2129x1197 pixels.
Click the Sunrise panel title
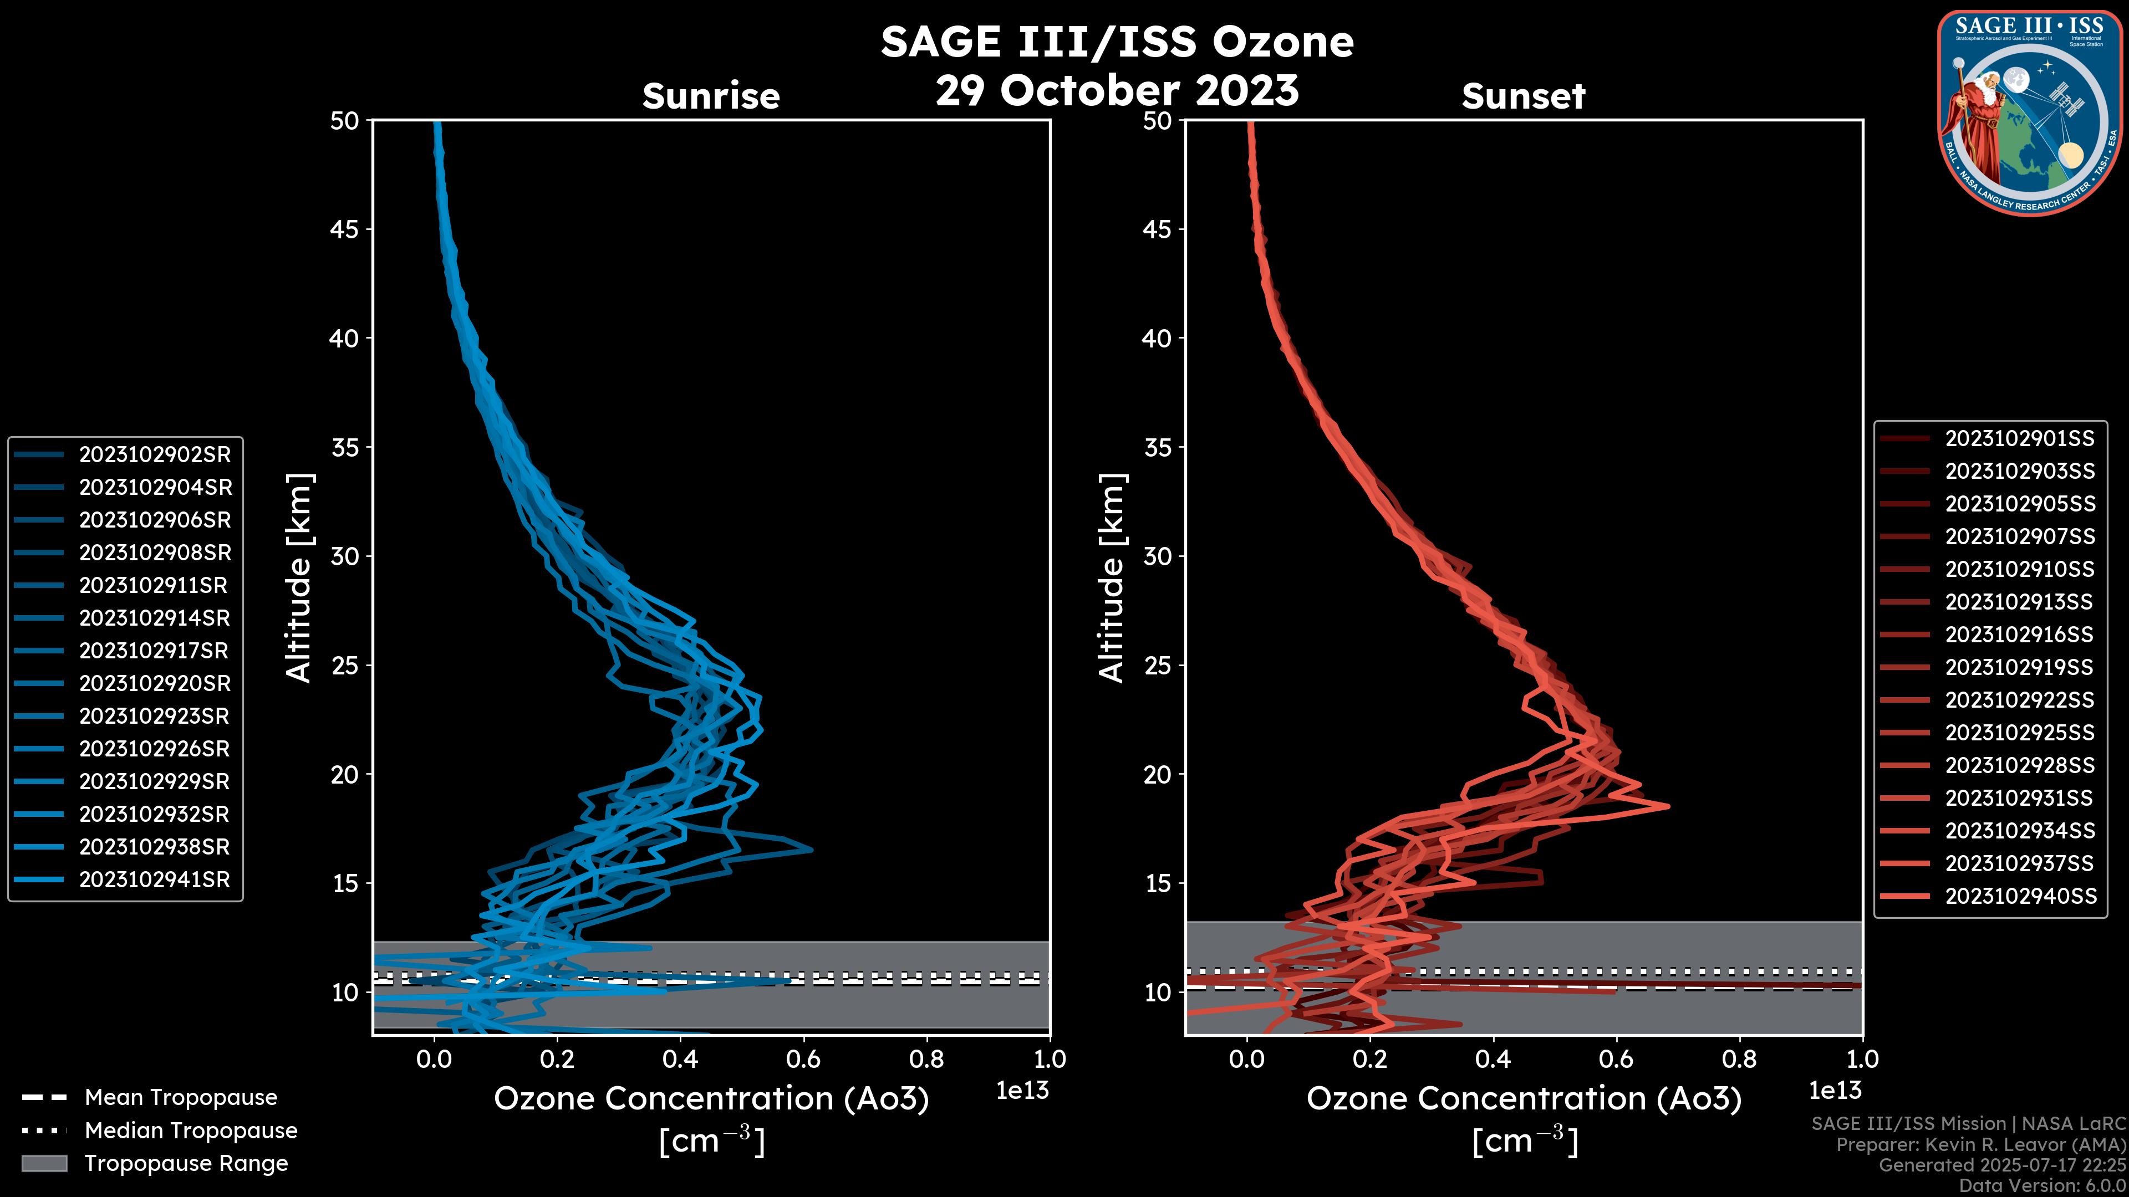(x=711, y=96)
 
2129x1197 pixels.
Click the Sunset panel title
(x=1523, y=96)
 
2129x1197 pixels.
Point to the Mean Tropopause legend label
(x=181, y=1098)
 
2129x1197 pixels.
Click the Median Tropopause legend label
(x=191, y=1131)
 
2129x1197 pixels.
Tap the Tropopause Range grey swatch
(x=44, y=1164)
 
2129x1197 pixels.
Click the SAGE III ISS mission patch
(x=2031, y=112)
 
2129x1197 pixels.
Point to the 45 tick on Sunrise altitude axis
(x=345, y=229)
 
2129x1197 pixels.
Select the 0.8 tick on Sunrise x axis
(x=926, y=1059)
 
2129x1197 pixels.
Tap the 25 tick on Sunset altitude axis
(x=1158, y=666)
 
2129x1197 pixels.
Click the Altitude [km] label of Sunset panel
(x=1112, y=578)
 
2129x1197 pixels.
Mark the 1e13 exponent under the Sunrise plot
(x=1022, y=1091)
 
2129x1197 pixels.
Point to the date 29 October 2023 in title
(x=1117, y=90)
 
